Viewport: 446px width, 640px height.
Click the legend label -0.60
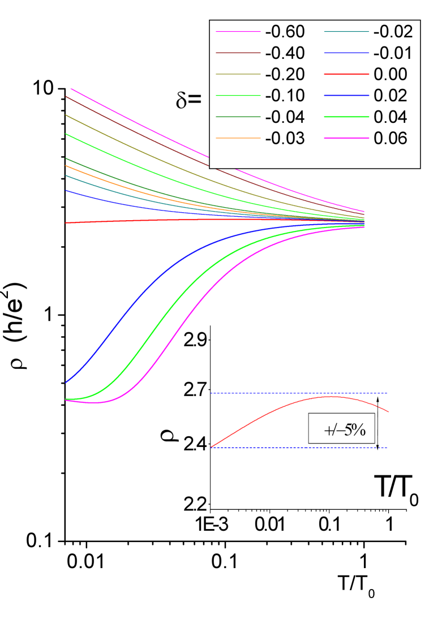[285, 32]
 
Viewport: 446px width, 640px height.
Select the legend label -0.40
[285, 53]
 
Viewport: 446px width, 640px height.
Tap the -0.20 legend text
[285, 75]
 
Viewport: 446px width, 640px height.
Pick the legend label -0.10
[285, 96]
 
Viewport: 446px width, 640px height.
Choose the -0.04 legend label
[285, 117]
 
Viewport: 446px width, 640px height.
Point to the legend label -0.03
[285, 138]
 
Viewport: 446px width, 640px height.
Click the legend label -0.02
[393, 32]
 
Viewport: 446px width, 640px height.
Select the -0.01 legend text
[393, 53]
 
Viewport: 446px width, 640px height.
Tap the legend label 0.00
[391, 75]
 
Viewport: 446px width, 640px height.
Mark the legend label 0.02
[391, 96]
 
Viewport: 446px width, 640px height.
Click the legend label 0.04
[391, 117]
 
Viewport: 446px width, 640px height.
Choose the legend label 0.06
[391, 138]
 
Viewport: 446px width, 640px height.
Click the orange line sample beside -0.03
[238, 138]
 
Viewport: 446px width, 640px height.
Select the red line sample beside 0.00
[346, 75]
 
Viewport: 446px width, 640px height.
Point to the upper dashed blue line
[255, 393]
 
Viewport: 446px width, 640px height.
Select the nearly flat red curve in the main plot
[170, 220]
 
